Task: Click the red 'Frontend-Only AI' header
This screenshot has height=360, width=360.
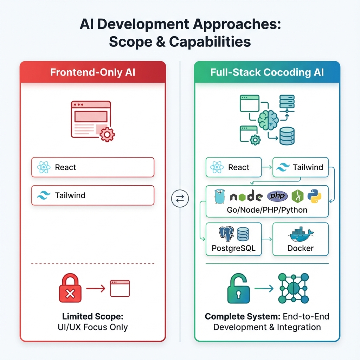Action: coord(92,72)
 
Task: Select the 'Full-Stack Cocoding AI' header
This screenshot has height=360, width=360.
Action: coord(267,72)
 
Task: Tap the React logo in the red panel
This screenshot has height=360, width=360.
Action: coord(44,167)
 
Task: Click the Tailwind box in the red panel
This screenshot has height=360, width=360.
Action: coord(93,195)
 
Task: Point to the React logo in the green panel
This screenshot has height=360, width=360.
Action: coord(217,167)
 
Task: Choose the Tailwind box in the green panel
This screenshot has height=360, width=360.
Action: coord(301,167)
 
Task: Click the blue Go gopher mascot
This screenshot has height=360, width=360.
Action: coord(219,196)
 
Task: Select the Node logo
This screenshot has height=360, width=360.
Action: coord(246,197)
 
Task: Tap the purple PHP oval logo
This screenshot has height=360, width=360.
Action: coord(277,196)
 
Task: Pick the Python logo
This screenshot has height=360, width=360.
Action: coord(314,196)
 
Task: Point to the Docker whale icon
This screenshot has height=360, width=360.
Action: coord(300,234)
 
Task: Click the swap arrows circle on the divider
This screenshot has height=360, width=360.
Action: coord(180,199)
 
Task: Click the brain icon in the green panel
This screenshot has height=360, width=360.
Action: coord(268,120)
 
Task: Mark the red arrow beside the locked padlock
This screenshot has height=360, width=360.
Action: coord(96,289)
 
